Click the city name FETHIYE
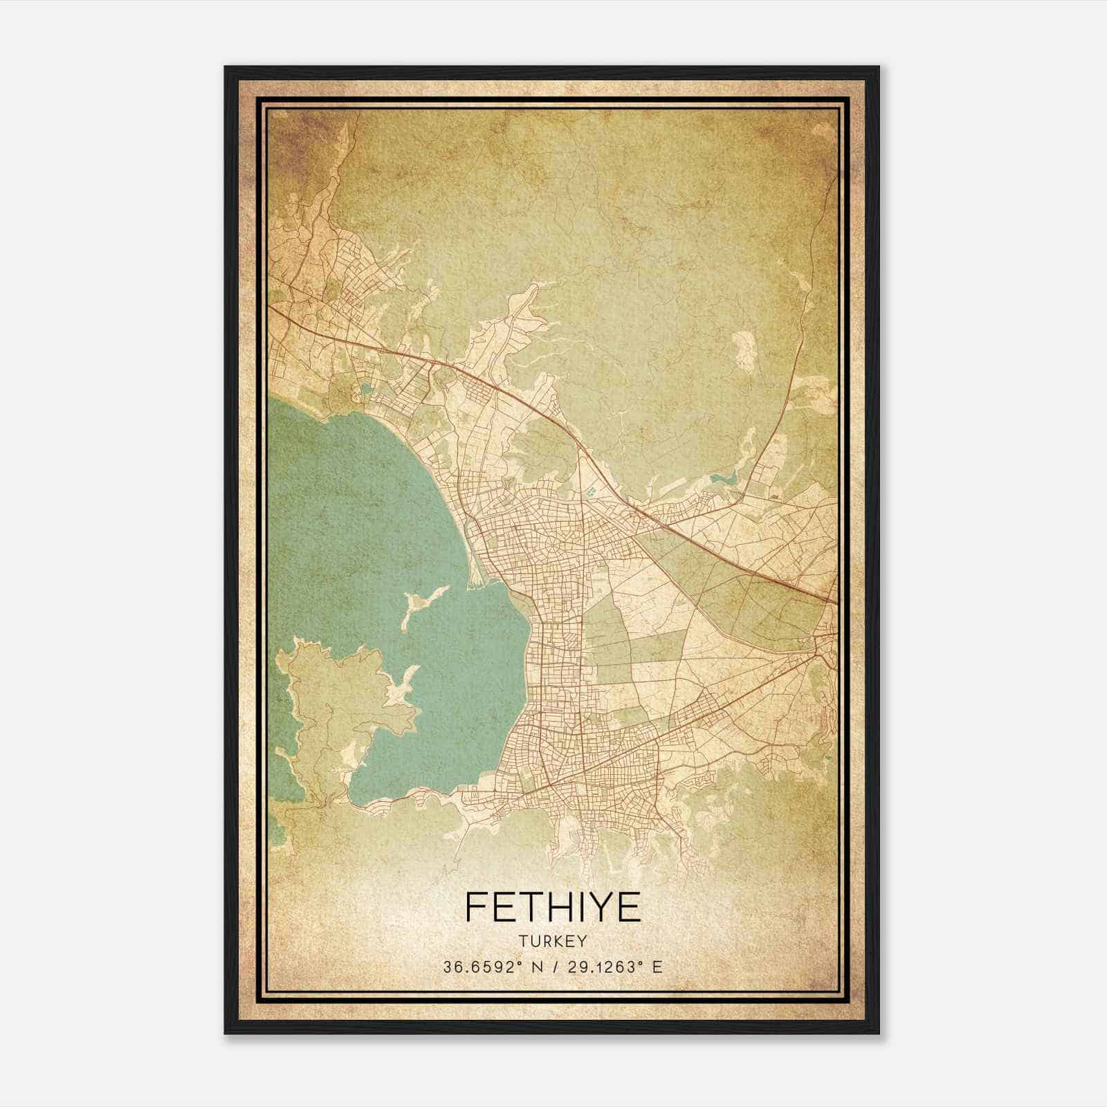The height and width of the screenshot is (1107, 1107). [553, 906]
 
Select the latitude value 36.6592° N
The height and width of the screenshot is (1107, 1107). [493, 967]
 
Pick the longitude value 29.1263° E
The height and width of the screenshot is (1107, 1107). [605, 967]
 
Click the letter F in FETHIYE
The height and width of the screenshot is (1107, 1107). [475, 906]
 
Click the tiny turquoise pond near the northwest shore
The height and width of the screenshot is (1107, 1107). [365, 389]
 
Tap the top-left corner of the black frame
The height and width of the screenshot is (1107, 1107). [226, 68]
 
